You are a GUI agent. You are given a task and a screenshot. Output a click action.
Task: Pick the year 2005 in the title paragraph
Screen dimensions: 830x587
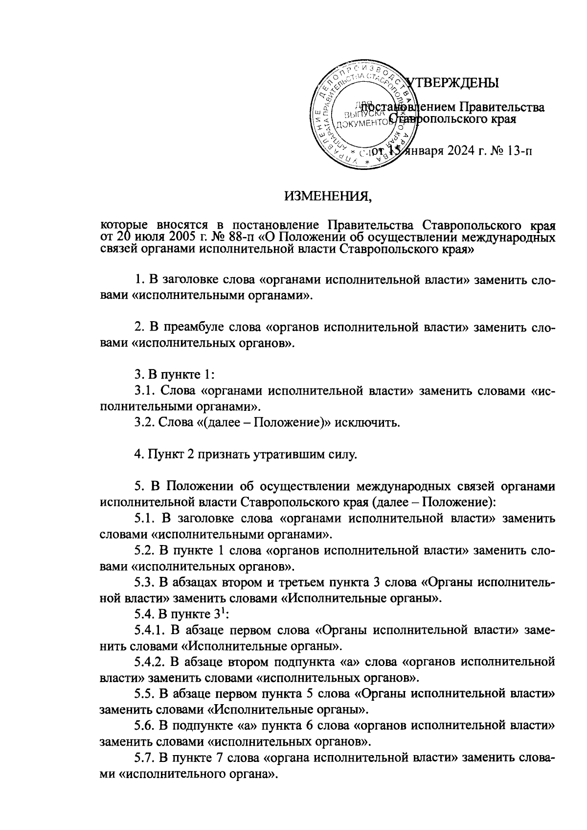click(171, 237)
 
